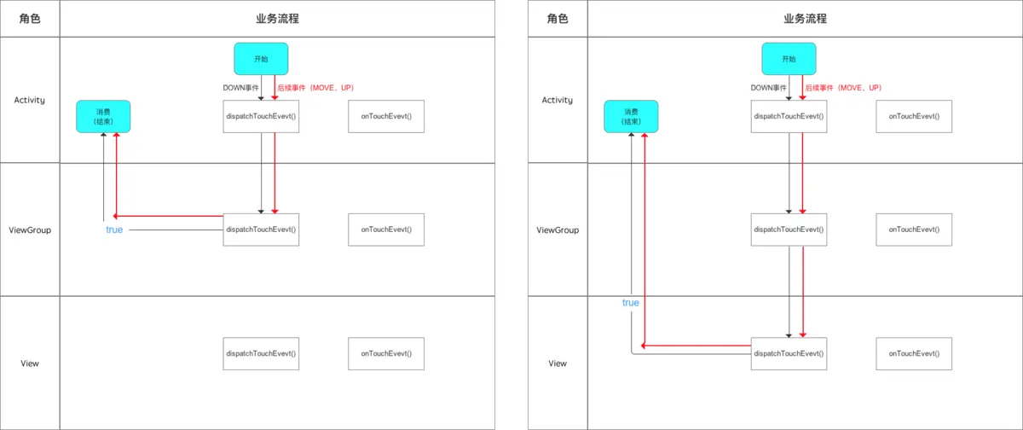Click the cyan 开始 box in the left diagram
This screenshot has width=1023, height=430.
click(261, 59)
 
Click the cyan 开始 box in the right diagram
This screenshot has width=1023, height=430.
click(789, 59)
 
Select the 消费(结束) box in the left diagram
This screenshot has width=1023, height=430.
click(103, 117)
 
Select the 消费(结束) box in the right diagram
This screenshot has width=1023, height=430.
click(631, 117)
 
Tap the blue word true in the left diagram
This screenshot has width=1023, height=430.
click(115, 230)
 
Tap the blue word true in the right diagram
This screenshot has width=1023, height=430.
click(631, 303)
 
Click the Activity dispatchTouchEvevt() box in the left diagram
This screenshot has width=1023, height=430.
click(261, 116)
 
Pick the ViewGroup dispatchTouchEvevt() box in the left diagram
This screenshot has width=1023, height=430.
click(261, 230)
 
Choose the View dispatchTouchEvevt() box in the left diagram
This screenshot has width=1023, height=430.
click(261, 353)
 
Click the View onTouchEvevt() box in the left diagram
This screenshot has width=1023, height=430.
click(386, 353)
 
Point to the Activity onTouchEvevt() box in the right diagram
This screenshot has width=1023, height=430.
click(914, 116)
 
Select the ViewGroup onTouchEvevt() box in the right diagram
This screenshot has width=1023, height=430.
click(914, 230)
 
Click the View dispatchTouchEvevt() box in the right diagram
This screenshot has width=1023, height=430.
click(789, 353)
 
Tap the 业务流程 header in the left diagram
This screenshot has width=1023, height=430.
click(277, 19)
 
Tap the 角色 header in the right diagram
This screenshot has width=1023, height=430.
click(557, 19)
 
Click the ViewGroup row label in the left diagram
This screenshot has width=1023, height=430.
click(30, 230)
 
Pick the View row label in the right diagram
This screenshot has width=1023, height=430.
click(558, 363)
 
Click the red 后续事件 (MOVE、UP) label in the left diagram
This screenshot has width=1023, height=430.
click(316, 88)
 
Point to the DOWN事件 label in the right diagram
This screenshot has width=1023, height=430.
click(768, 88)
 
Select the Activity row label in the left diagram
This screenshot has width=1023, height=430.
click(30, 100)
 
